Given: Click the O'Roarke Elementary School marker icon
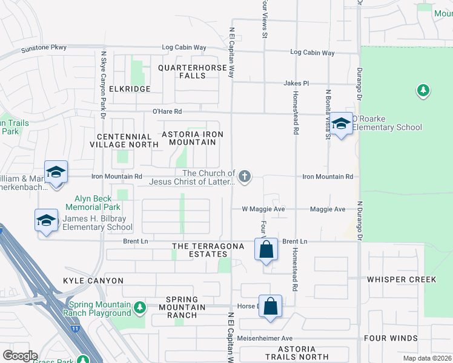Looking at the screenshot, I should (342, 123).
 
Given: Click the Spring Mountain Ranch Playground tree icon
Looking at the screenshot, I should (140, 308).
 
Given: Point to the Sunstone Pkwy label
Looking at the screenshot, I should (45, 48).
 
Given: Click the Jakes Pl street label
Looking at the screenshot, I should (296, 83).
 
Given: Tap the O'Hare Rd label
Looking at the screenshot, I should (167, 111).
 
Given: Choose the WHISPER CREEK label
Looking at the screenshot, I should (401, 280).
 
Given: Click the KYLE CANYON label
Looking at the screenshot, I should (93, 281).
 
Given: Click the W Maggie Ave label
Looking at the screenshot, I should (263, 209).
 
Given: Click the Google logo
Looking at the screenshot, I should (20, 356).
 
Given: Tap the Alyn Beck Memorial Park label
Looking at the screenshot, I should (97, 203).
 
